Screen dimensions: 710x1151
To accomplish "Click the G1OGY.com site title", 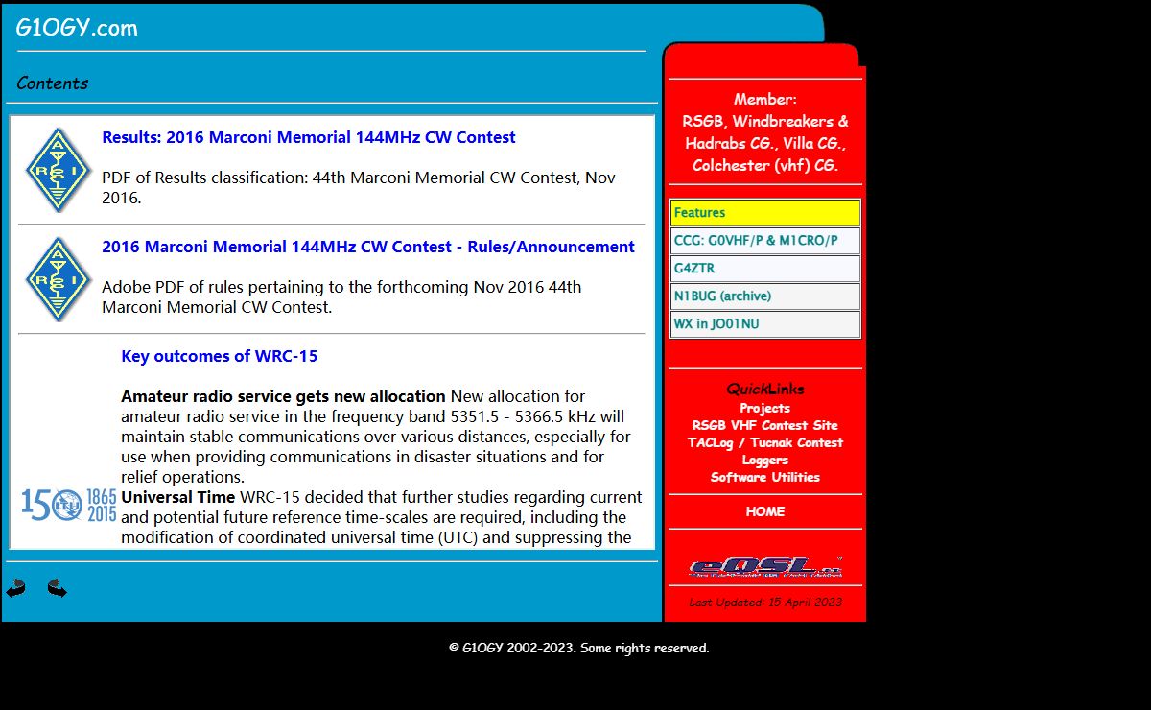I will tap(77, 28).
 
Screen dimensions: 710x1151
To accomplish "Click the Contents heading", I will tap(53, 83).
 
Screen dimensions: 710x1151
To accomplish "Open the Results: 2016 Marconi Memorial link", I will tap(308, 137).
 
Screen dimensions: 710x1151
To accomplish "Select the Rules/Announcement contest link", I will tap(367, 247).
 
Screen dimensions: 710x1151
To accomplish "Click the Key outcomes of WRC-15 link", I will tap(219, 356).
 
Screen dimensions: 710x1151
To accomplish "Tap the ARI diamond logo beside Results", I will tap(59, 170).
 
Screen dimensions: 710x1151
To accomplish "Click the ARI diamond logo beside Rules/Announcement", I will tap(59, 279).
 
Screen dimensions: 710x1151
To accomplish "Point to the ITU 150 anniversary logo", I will tap(69, 505).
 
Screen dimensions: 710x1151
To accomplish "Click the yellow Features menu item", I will tap(764, 213).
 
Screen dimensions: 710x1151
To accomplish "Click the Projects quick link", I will tap(764, 408).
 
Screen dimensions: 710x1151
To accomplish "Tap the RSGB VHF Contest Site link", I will tap(764, 425).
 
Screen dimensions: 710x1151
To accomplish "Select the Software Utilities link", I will tap(764, 477).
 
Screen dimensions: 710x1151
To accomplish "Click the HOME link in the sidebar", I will tap(764, 511).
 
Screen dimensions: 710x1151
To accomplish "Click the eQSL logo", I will tap(764, 567).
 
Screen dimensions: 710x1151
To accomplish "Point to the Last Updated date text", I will tap(764, 603).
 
